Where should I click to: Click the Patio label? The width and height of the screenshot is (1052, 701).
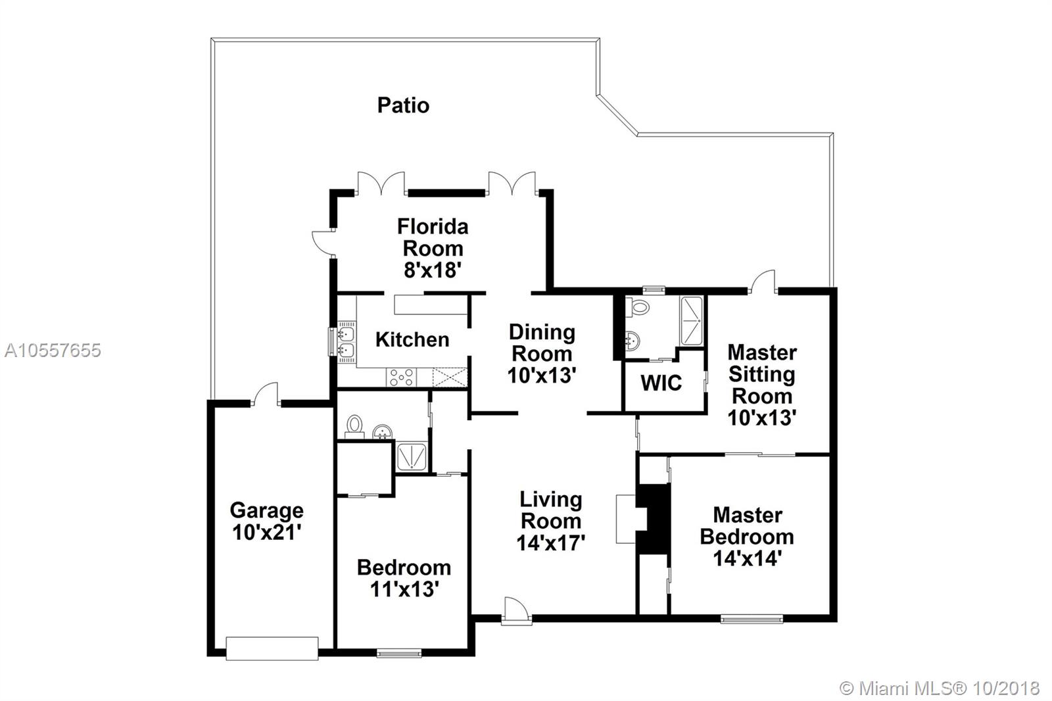[x=404, y=105]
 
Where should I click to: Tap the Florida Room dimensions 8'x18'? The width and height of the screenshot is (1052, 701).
[x=433, y=270]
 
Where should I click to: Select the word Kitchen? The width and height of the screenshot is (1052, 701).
[x=412, y=339]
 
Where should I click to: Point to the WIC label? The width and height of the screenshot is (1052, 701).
[x=661, y=383]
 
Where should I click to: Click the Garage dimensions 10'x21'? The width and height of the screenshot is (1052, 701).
[x=267, y=533]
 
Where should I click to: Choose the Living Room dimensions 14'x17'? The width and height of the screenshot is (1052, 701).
[x=550, y=543]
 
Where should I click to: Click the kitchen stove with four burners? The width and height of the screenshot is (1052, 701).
[x=402, y=377]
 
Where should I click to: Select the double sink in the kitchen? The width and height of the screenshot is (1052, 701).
[x=347, y=342]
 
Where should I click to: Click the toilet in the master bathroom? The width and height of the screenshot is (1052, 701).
[x=638, y=307]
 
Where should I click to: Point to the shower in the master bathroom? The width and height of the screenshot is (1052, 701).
[x=692, y=322]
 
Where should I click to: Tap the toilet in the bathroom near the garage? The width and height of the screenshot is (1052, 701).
[x=354, y=427]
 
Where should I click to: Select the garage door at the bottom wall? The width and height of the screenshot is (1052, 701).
[x=272, y=648]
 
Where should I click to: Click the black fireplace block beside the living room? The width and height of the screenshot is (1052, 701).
[x=653, y=519]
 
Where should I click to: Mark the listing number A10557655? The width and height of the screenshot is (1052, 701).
[x=53, y=350]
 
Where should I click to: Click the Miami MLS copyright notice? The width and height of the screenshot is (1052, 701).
[x=940, y=689]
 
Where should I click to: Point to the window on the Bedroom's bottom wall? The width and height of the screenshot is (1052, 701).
[x=399, y=652]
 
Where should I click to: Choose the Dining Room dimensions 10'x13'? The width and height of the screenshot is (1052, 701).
[x=542, y=375]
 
